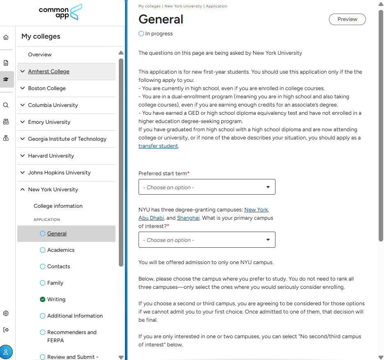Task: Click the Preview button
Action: pyautogui.click(x=347, y=19)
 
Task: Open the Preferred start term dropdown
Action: pyautogui.click(x=207, y=187)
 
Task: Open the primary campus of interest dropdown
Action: pyautogui.click(x=207, y=240)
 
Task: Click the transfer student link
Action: pyautogui.click(x=158, y=146)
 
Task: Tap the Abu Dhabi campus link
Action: pyautogui.click(x=151, y=218)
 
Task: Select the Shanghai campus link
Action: pyautogui.click(x=188, y=218)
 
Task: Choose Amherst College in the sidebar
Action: pyautogui.click(x=49, y=72)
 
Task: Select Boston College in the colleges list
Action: pyautogui.click(x=47, y=88)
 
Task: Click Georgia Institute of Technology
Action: pyautogui.click(x=67, y=139)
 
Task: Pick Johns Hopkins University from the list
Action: pyautogui.click(x=59, y=173)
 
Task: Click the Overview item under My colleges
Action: pyautogui.click(x=40, y=55)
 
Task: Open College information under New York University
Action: pyautogui.click(x=58, y=206)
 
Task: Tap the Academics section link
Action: pyautogui.click(x=61, y=250)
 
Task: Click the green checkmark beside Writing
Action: pyautogui.click(x=42, y=300)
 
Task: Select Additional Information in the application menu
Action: pyautogui.click(x=75, y=316)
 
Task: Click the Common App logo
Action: pyautogui.click(x=61, y=12)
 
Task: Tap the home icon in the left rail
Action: pyautogui.click(x=6, y=37)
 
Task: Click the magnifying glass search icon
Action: pyautogui.click(x=6, y=105)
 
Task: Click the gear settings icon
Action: pyautogui.click(x=6, y=314)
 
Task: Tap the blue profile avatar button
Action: pyautogui.click(x=6, y=352)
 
